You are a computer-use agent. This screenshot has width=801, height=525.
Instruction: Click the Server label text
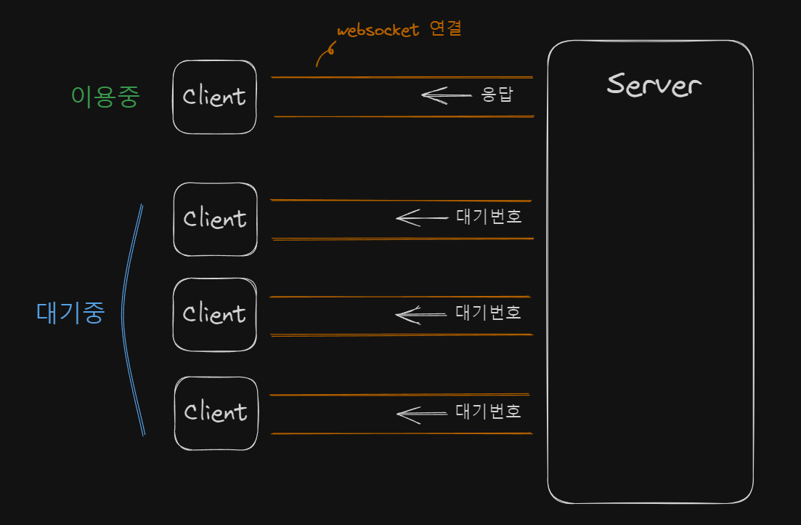tap(654, 84)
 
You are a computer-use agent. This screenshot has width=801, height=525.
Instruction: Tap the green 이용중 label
tap(105, 97)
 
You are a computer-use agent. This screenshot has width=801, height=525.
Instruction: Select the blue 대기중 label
tap(70, 313)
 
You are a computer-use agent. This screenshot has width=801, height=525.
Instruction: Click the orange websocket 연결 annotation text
tap(399, 31)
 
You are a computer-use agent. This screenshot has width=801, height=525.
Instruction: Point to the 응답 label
tap(497, 95)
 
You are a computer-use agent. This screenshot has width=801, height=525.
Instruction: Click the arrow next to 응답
tap(446, 95)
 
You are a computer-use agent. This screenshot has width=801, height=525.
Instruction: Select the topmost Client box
tap(214, 97)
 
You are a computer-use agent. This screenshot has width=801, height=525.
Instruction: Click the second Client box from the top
tap(215, 219)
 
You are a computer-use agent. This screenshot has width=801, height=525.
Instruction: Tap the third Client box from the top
tap(214, 315)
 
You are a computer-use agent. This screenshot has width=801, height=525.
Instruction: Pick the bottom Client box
tap(216, 412)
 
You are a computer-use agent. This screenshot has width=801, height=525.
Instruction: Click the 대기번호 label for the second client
tap(489, 217)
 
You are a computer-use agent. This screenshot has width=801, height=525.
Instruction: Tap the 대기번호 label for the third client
tap(489, 313)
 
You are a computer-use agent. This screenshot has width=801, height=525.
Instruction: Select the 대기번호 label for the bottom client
tap(489, 412)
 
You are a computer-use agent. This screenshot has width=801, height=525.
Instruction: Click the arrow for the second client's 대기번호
tap(421, 217)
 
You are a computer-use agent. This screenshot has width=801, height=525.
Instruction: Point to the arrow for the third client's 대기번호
tap(420, 314)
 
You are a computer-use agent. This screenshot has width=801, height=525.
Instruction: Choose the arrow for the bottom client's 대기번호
tap(421, 413)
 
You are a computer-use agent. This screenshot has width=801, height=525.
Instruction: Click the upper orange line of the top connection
tap(402, 76)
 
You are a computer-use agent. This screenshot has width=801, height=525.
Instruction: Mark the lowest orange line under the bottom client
tap(402, 433)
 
